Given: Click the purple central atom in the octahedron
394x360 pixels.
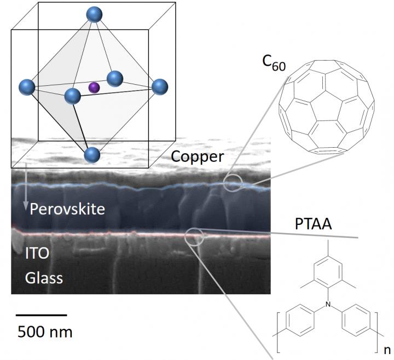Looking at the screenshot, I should point(94,87).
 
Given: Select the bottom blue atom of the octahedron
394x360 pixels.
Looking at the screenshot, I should point(92,155).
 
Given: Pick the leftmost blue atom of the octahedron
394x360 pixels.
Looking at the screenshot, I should point(27,87).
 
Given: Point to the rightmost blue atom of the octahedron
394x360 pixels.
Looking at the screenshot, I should point(159,86).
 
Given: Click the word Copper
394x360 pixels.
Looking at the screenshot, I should point(198,156).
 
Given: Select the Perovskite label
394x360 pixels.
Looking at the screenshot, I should point(67,208).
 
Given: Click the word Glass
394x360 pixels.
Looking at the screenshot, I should point(44,278).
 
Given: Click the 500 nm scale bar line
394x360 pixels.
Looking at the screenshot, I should point(41,315).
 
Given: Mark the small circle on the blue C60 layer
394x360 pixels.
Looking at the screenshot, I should point(232,183).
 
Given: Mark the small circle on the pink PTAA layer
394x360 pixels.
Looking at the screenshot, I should point(194,236).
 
